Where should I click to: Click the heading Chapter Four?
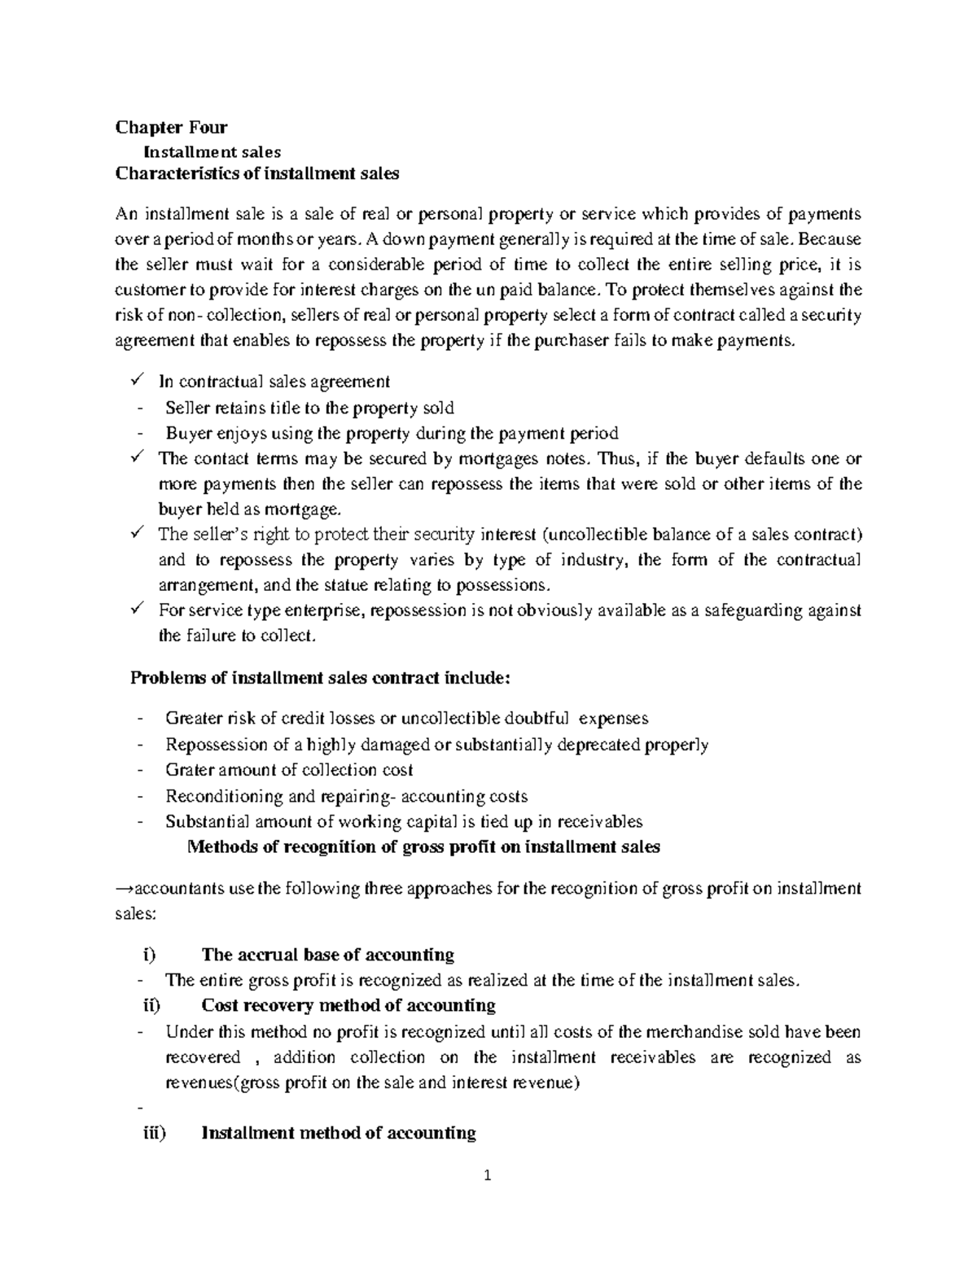click(x=171, y=127)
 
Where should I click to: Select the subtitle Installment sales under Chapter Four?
click(x=212, y=151)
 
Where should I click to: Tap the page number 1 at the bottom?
click(x=488, y=1175)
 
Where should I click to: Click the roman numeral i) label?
click(x=146, y=955)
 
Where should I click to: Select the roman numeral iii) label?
click(x=152, y=1133)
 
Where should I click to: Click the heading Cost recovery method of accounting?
click(x=348, y=1006)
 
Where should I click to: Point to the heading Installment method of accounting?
click(x=338, y=1133)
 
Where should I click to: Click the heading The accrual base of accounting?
click(x=327, y=955)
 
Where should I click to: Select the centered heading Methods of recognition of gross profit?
click(x=423, y=846)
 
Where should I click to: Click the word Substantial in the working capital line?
click(x=203, y=821)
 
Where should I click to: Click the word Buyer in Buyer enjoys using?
click(x=186, y=433)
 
